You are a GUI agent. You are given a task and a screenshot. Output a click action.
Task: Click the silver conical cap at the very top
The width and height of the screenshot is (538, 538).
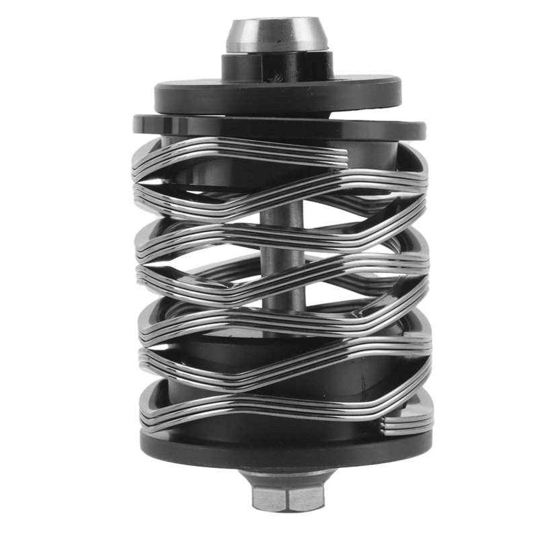click(x=276, y=37)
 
